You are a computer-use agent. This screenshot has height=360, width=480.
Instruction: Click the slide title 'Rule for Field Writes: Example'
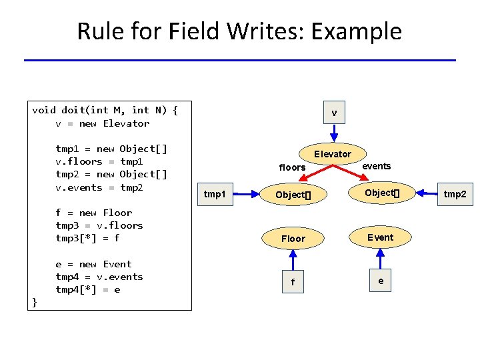[x=239, y=31]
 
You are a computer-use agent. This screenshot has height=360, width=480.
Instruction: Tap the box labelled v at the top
[x=334, y=113]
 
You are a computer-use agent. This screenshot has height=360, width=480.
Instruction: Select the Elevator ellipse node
[x=333, y=154]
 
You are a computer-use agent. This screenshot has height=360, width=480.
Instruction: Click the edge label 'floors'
[x=292, y=167]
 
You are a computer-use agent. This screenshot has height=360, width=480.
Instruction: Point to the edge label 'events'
[x=376, y=166]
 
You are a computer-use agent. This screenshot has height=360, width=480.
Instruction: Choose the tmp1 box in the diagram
[x=215, y=194]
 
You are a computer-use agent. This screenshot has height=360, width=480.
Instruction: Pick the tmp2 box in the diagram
[x=455, y=194]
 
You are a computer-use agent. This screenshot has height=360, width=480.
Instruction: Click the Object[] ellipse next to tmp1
[x=293, y=195]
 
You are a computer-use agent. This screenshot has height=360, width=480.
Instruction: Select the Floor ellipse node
[x=293, y=238]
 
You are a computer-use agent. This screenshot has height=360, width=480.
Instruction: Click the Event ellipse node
[x=381, y=237]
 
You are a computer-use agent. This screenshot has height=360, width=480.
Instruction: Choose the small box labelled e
[x=381, y=281]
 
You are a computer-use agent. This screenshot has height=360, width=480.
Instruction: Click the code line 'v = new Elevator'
[x=103, y=123]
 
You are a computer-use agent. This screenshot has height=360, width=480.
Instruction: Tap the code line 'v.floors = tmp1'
[x=100, y=161]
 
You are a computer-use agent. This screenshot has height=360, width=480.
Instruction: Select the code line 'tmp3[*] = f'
[x=88, y=238]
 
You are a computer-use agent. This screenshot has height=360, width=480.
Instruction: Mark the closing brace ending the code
[x=35, y=302]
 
